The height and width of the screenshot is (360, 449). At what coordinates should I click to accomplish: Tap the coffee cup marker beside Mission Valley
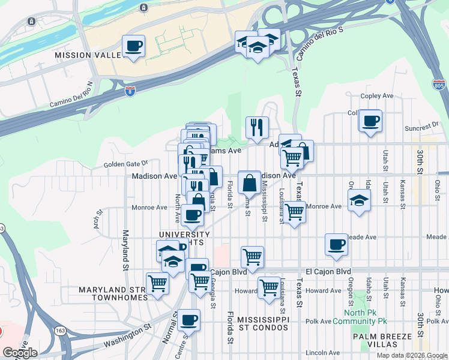133,46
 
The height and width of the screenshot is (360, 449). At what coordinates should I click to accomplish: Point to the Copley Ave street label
376,96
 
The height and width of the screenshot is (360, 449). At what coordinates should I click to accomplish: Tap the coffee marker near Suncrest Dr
370,121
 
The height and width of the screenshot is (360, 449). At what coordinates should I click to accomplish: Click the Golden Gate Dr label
125,163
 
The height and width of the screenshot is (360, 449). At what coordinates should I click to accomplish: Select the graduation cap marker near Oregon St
358,200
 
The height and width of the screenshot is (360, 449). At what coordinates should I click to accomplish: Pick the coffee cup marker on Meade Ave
337,245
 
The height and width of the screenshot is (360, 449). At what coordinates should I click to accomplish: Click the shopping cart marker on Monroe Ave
294,212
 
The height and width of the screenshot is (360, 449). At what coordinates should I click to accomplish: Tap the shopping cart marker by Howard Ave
269,287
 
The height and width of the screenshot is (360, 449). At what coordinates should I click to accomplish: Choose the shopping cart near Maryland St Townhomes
158,283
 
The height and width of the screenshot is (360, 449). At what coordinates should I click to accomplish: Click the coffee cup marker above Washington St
189,320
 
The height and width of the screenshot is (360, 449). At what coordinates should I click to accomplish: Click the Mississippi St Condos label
263,323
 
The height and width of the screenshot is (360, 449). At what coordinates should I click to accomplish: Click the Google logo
20,353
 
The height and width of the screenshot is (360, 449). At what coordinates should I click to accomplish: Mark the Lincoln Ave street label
323,353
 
